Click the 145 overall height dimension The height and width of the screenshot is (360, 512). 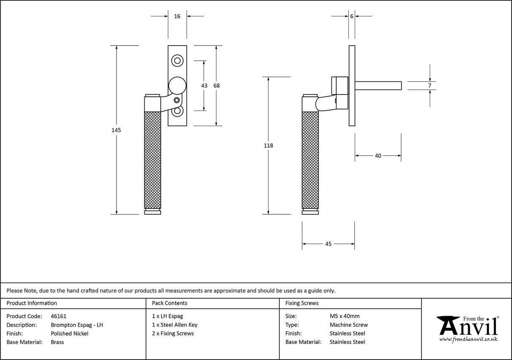(116, 130)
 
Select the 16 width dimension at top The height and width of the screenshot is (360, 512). (177, 16)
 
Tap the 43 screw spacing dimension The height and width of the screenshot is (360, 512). (204, 85)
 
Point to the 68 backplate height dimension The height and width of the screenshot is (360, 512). (216, 85)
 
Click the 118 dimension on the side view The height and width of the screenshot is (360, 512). (268, 146)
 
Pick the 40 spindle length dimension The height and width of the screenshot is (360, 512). (378, 156)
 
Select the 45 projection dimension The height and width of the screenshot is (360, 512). (328, 244)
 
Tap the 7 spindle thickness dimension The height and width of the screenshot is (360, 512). (429, 85)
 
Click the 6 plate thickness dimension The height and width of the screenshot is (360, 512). (351, 16)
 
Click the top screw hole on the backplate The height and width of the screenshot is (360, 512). (178, 60)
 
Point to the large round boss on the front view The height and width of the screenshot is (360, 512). (178, 85)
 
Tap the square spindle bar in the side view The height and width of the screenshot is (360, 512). (377, 86)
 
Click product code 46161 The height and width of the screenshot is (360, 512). (58, 316)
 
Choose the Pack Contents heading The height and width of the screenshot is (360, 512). (170, 303)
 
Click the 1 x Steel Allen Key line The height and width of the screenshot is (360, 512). (175, 325)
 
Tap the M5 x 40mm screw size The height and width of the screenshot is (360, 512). (345, 316)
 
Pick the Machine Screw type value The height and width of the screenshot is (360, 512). (348, 325)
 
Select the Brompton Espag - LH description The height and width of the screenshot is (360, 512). (77, 325)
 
